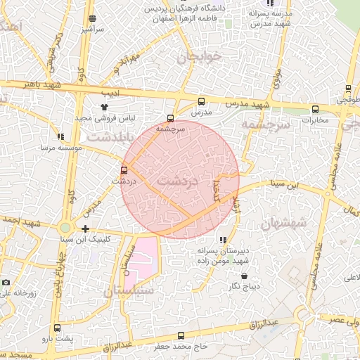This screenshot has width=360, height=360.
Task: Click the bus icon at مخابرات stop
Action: [315, 109]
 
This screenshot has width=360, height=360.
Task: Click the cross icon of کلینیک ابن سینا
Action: [85, 229]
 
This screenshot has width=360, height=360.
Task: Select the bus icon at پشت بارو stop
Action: [57, 328]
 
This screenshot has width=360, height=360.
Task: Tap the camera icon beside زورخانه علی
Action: [6, 282]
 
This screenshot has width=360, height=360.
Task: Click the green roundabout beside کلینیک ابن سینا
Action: [65, 228]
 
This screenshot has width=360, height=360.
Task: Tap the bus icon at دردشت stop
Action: [124, 170]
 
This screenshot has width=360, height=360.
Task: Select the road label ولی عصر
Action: [344, 320]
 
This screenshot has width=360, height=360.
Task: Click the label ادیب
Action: [113, 93]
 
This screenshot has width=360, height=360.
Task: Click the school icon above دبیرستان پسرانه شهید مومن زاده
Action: [223, 240]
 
